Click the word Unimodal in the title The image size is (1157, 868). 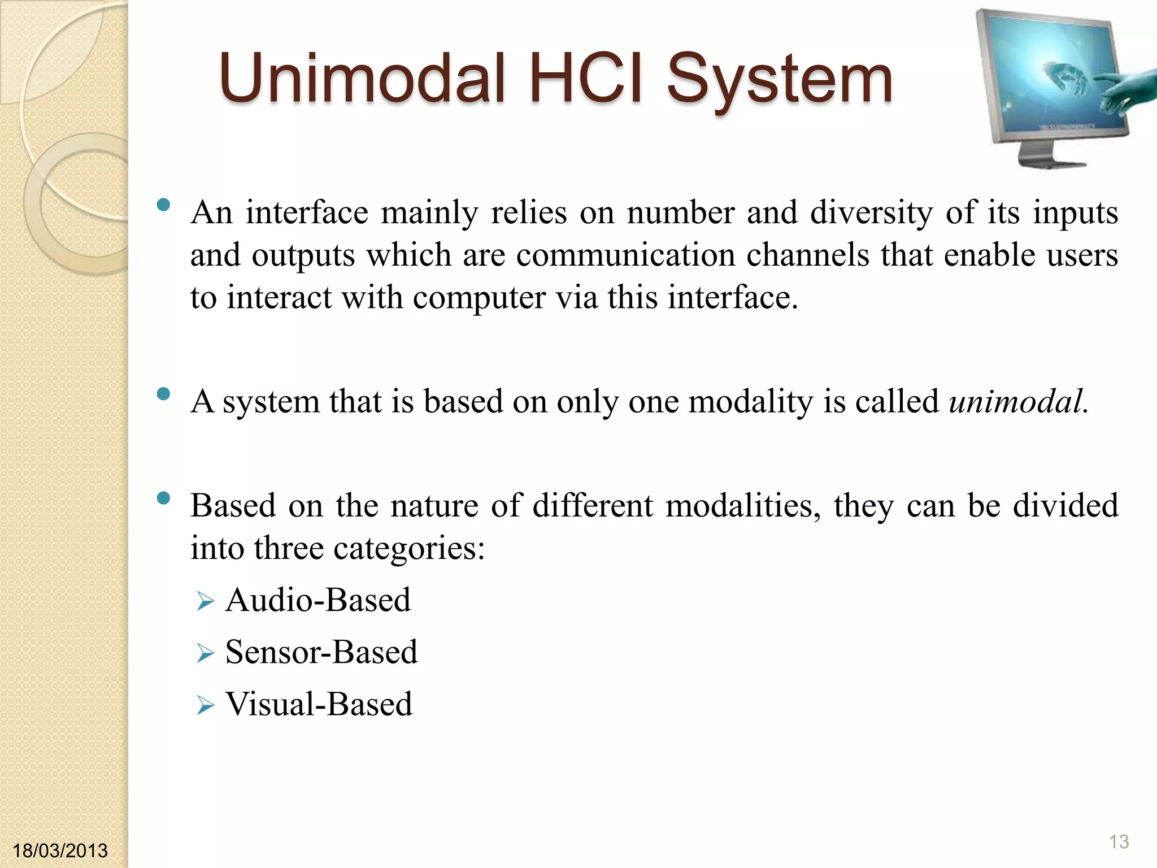tap(362, 79)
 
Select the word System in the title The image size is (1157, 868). tap(780, 79)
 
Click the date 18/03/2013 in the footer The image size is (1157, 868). tap(60, 850)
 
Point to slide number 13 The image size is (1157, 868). tap(1119, 841)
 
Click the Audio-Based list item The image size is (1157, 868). tap(318, 600)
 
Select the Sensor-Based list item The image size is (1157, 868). tap(321, 652)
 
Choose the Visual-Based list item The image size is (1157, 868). tap(319, 704)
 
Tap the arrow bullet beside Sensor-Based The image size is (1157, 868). tap(206, 654)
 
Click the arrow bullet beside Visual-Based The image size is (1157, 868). tap(206, 706)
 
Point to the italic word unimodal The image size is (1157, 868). tap(1017, 402)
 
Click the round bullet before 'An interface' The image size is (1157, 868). tap(164, 205)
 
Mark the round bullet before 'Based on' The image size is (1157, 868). tap(164, 498)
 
